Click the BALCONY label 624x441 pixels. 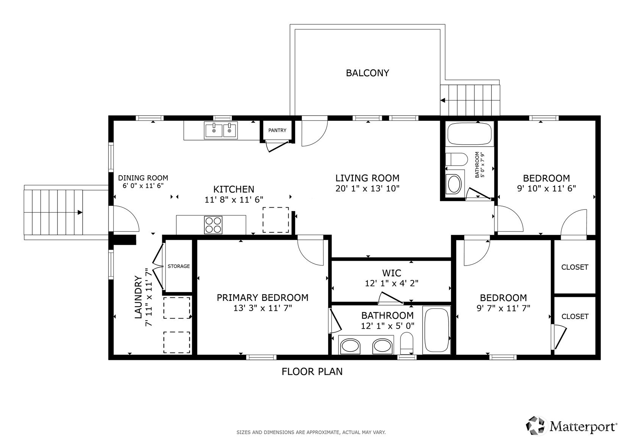point(367,73)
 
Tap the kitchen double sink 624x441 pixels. point(221,130)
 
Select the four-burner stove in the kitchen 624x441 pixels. point(213,225)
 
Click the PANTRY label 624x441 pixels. point(277,130)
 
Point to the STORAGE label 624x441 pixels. point(178,266)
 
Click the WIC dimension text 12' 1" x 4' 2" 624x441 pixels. point(391,283)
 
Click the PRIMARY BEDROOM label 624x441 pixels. point(262,298)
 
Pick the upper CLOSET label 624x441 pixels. point(574,267)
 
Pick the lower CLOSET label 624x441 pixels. point(574,316)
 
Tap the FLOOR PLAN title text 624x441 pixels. point(312,372)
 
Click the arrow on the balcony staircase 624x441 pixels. point(443,101)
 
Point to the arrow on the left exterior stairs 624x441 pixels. point(80,213)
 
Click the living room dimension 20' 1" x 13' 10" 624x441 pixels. point(367,188)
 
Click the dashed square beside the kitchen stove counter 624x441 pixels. point(275,220)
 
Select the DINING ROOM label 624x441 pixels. point(143,178)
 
